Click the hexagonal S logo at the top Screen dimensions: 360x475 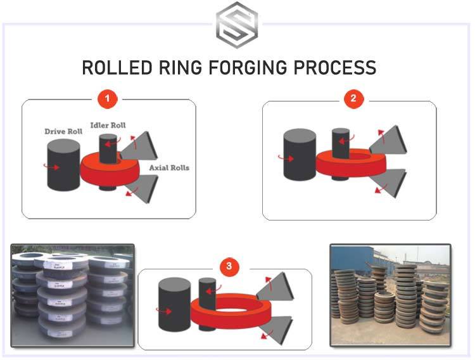(x=237, y=25)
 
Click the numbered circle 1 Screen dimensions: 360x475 (x=108, y=100)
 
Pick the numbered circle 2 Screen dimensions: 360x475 (x=353, y=99)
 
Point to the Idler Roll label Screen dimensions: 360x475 (x=108, y=125)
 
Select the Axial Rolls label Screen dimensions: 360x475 (x=169, y=168)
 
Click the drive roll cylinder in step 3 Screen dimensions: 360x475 (x=174, y=304)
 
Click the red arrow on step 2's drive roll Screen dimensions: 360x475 (x=290, y=158)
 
